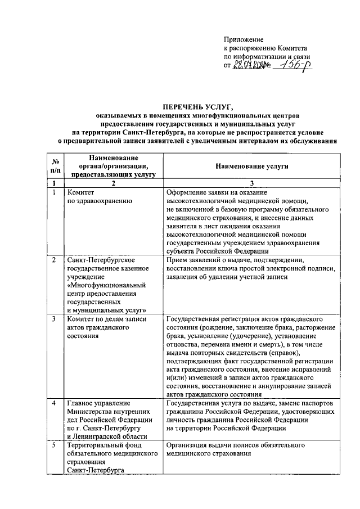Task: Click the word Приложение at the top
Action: point(244,39)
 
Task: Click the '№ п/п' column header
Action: point(54,167)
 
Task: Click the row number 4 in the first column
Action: point(53,403)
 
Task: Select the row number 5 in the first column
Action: point(53,445)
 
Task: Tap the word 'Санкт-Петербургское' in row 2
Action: point(100,260)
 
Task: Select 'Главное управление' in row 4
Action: point(98,403)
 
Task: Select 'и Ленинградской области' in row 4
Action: point(107,436)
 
